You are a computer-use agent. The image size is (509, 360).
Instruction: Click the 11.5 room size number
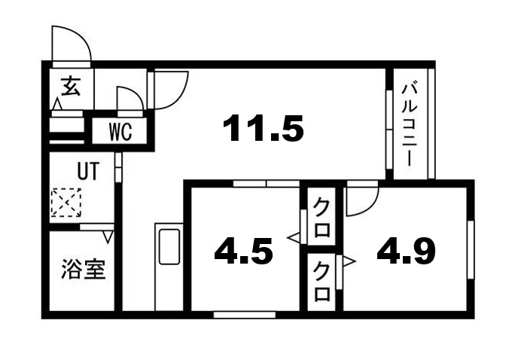pos(264,130)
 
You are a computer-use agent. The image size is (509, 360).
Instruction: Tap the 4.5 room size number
pos(242,252)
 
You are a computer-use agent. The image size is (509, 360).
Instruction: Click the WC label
pos(120,132)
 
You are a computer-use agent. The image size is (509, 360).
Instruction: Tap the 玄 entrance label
pos(70,87)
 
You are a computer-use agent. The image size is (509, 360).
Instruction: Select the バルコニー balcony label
pos(410,124)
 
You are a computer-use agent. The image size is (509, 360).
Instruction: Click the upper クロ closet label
pos(322,217)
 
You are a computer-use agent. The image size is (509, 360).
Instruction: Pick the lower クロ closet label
pos(322,281)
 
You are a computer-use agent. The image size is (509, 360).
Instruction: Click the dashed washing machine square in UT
pos(65,202)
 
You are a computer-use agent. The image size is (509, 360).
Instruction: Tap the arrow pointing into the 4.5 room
pos(294,239)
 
